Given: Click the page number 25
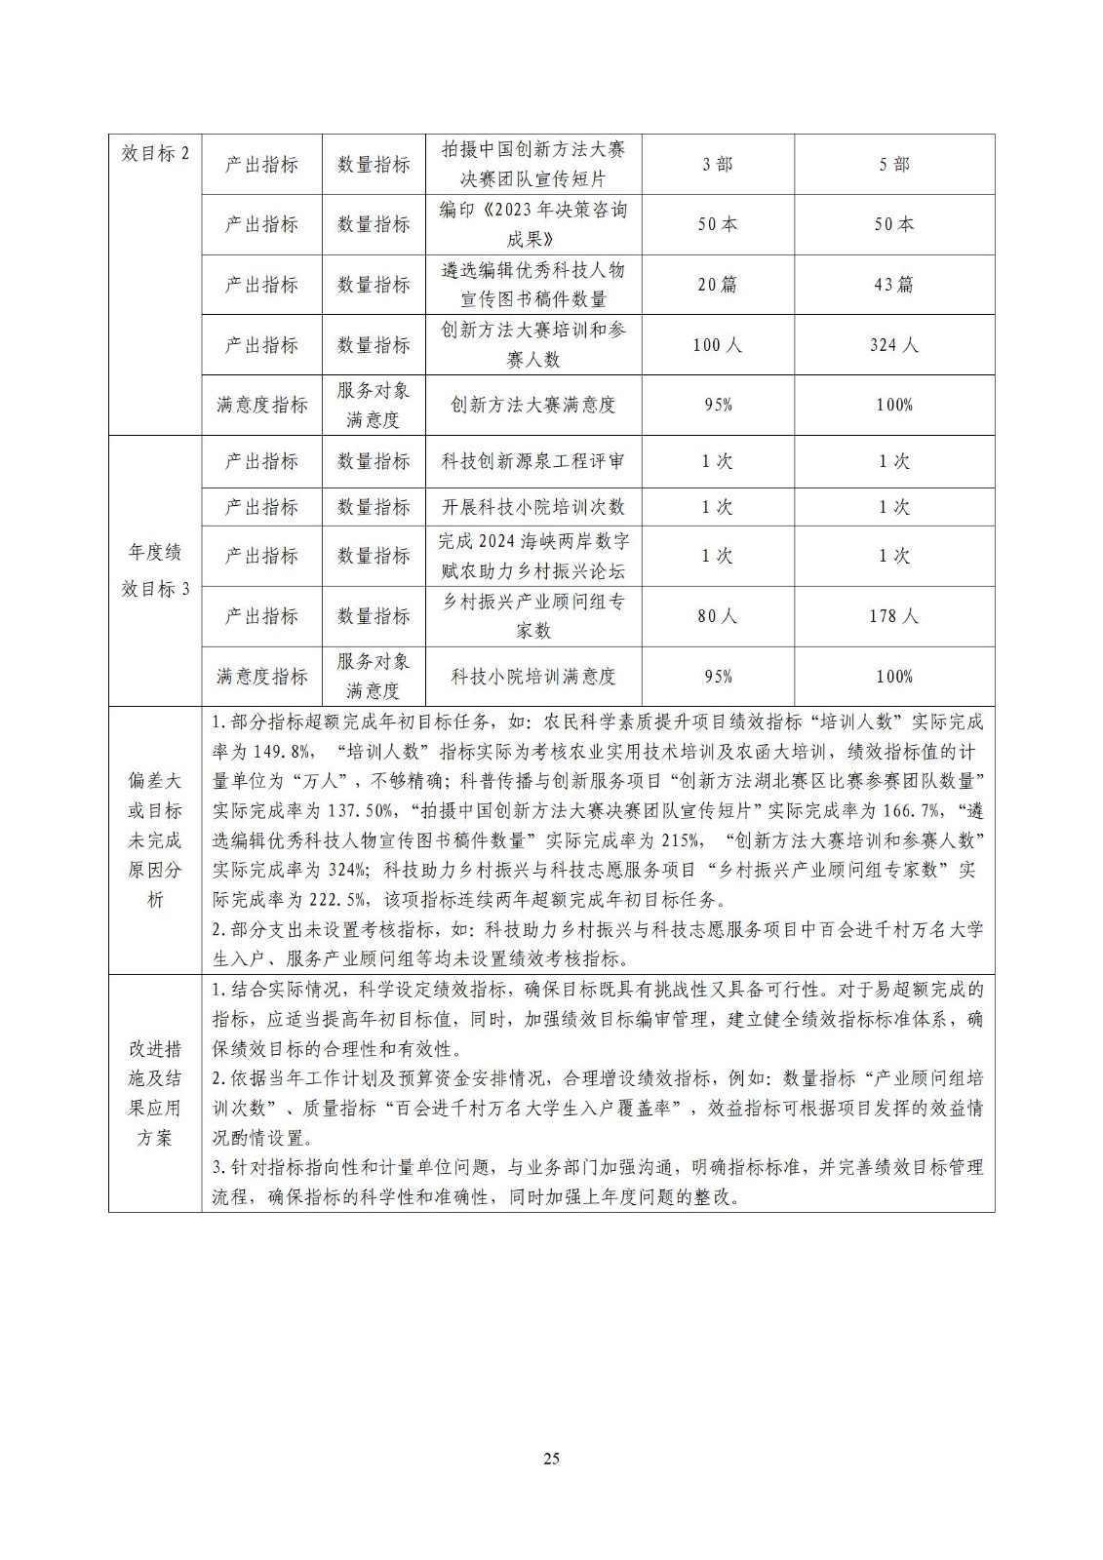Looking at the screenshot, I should point(551,1459).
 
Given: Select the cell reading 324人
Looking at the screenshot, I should point(894,345).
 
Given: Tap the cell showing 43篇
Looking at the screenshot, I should point(894,285).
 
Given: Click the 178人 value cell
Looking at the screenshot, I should point(894,616).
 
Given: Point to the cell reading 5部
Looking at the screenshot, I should point(894,165).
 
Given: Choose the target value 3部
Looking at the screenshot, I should point(718,165).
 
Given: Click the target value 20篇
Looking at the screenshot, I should point(718,285).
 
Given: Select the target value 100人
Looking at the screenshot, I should point(718,345).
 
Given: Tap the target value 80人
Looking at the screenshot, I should point(718,616).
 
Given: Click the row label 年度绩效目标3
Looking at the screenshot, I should point(155,570).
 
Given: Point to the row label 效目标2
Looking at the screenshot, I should point(155,154).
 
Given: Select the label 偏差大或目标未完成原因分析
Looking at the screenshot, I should point(155,839).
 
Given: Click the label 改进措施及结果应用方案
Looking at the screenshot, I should point(155,1092).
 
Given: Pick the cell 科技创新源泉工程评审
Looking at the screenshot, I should point(533,461).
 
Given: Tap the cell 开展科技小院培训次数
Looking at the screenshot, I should point(533,507).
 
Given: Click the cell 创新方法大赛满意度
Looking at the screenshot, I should point(533,405).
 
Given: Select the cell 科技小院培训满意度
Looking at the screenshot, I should point(533,676).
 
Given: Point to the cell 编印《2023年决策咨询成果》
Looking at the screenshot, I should point(533,224).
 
